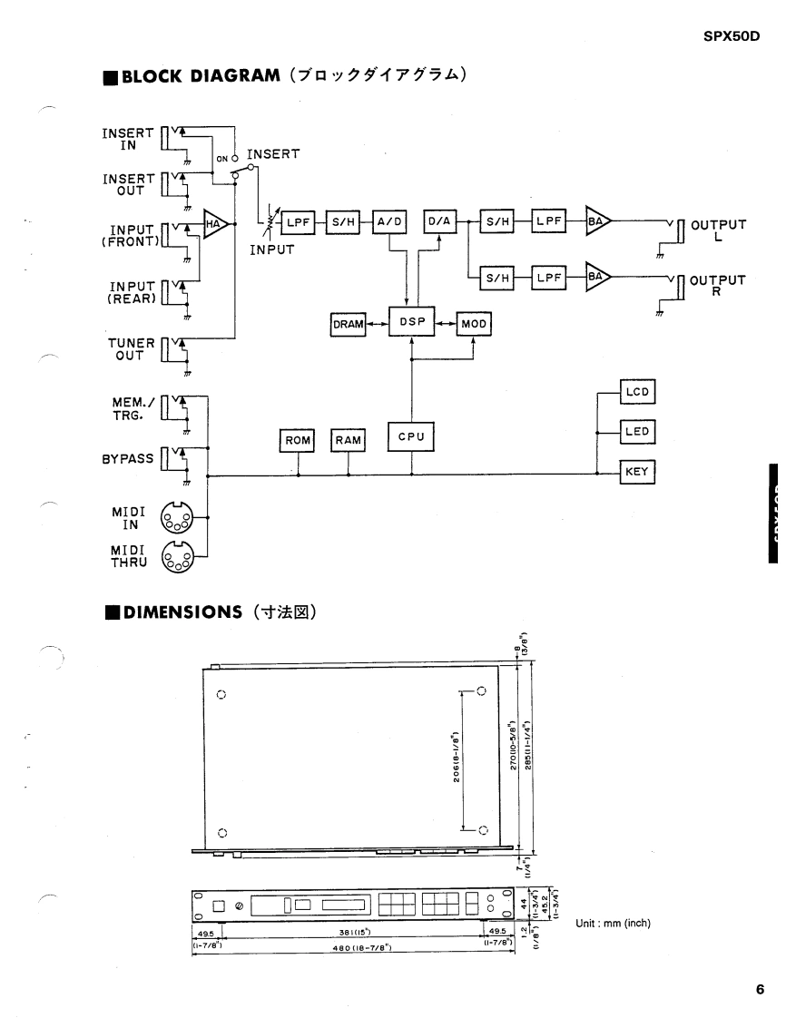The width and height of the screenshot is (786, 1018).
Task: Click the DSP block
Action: (411, 322)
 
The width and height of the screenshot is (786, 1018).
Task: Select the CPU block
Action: (411, 438)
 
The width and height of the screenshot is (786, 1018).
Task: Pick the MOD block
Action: (473, 324)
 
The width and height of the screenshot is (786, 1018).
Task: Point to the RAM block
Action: (349, 440)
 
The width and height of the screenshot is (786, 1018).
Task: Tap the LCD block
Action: (637, 393)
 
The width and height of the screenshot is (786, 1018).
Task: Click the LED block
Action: (637, 432)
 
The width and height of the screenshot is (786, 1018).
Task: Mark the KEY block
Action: (637, 471)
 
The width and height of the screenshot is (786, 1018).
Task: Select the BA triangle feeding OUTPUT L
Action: (597, 222)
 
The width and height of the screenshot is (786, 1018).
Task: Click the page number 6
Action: (760, 990)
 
